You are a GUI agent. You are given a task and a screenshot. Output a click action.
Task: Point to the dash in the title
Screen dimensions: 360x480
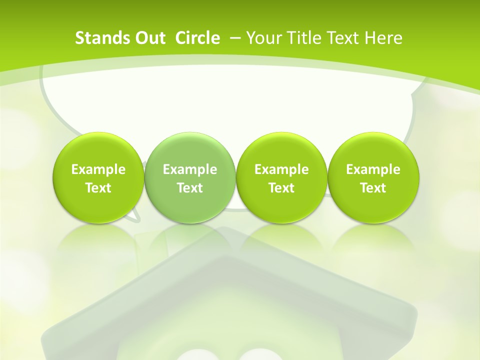point(234,38)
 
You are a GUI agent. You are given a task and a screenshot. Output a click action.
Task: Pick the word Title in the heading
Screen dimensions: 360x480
point(299,38)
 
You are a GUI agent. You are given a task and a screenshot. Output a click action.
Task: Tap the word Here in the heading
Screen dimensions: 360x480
point(383,38)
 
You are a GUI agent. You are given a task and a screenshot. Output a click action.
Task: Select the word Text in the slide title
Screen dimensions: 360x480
point(341,38)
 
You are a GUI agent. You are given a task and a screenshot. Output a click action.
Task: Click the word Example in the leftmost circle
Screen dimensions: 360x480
point(98,169)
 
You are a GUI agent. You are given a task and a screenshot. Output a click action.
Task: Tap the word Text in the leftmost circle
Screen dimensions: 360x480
point(98,188)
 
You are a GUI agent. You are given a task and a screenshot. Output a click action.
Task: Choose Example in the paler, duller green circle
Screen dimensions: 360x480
point(190,169)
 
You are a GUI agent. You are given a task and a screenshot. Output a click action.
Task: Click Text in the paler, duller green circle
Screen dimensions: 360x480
point(190,188)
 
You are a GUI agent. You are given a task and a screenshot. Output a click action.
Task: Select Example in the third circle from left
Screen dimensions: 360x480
point(281,169)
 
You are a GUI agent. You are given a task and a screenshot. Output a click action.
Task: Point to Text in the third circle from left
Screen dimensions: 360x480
point(281,188)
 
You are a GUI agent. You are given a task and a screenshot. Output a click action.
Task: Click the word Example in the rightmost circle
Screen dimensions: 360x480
point(373,169)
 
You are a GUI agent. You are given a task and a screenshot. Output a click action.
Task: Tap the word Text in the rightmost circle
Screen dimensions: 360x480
point(373,188)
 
